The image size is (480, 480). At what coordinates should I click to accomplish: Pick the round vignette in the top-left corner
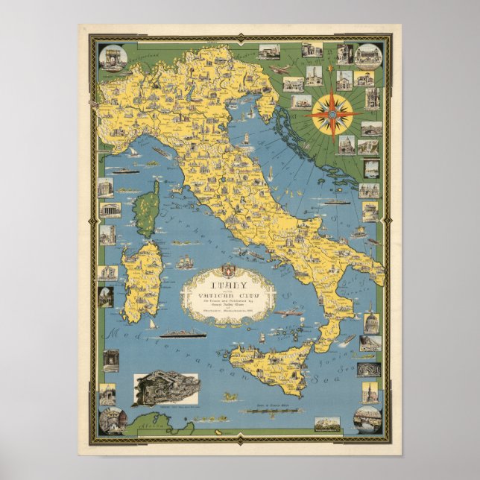(113, 57)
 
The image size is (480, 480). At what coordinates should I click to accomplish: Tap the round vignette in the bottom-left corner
(113, 418)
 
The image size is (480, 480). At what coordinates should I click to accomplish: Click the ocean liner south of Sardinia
(182, 333)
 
